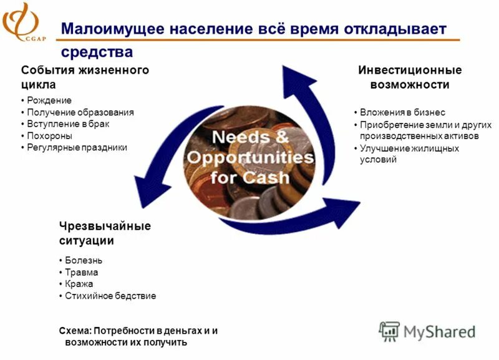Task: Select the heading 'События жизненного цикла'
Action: [x=85, y=77]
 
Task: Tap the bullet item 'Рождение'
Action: [x=49, y=100]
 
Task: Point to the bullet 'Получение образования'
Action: [x=80, y=112]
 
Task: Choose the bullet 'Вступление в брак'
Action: [x=69, y=124]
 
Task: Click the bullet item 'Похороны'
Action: [x=50, y=135]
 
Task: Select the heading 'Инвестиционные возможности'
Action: [x=409, y=77]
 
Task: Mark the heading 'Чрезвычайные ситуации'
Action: [x=105, y=233]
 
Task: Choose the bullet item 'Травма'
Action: [x=82, y=273]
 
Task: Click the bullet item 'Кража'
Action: [x=79, y=284]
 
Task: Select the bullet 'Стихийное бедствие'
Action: [x=110, y=296]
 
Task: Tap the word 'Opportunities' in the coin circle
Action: [x=250, y=157]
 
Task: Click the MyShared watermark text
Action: [x=438, y=331]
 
